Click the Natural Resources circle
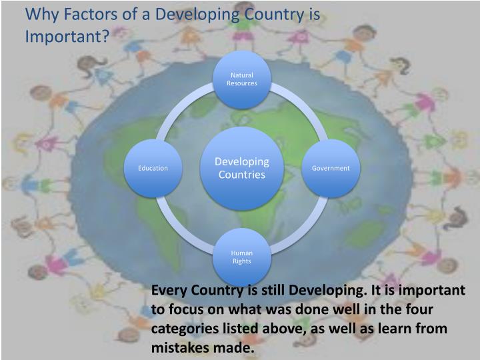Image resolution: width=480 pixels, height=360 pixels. tap(241, 79)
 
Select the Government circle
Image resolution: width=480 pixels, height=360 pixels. tap(331, 168)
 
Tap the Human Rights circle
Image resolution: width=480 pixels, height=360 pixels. tap(241, 257)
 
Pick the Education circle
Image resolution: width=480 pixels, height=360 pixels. tap(153, 168)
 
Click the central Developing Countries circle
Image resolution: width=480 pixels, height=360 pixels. tap(241, 168)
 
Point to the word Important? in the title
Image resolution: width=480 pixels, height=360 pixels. tap(67, 35)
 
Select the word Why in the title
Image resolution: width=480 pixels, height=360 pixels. tap(39, 14)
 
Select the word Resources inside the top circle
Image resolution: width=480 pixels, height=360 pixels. tap(241, 83)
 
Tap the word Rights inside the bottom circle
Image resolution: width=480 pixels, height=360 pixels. tap(241, 261)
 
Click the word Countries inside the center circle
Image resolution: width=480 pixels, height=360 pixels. tap(241, 175)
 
